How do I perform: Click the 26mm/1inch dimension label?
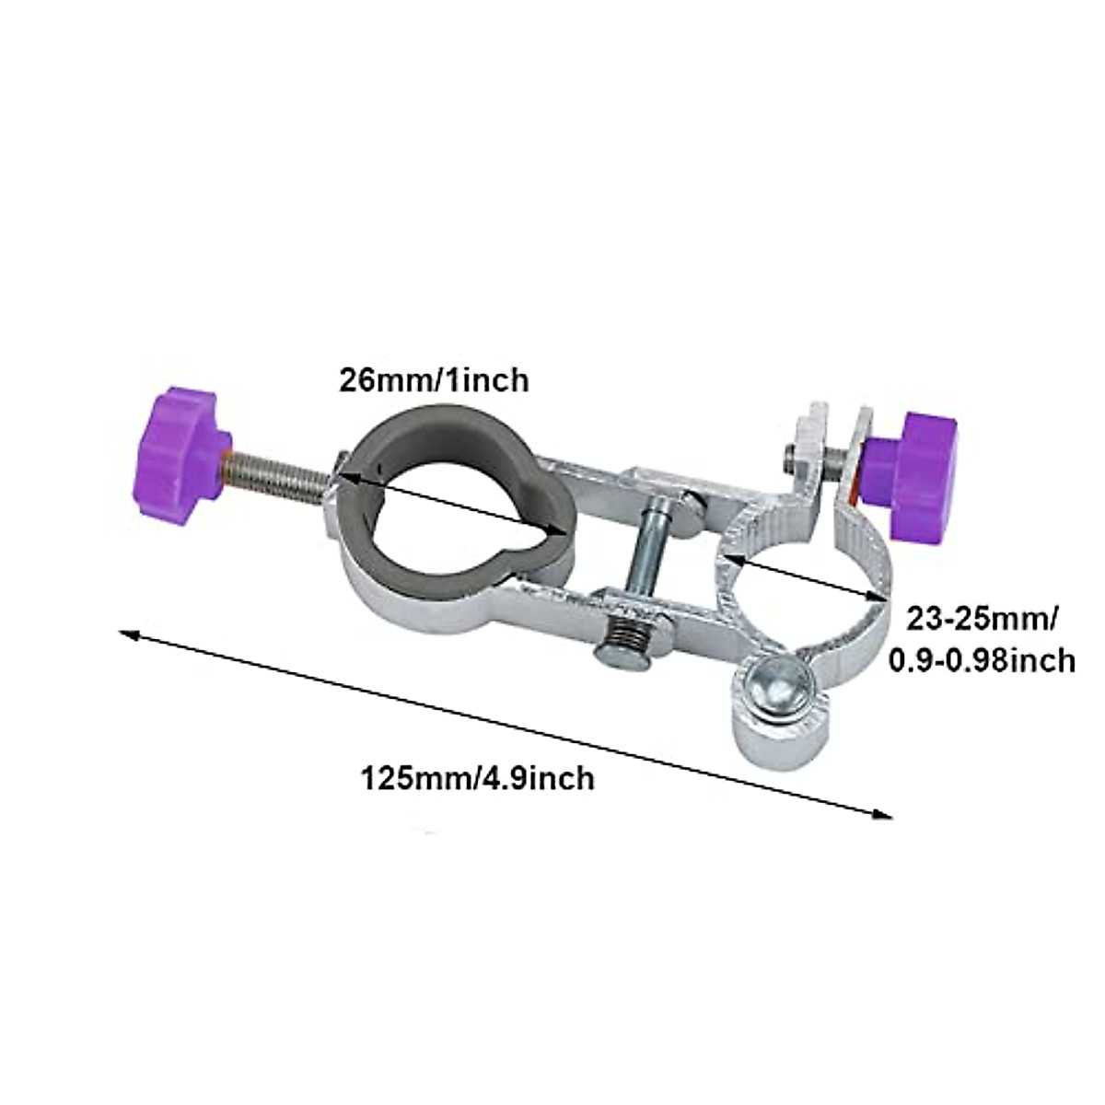(x=434, y=380)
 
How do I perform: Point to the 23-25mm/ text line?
(x=982, y=620)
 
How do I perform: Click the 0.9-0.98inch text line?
(x=982, y=660)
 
